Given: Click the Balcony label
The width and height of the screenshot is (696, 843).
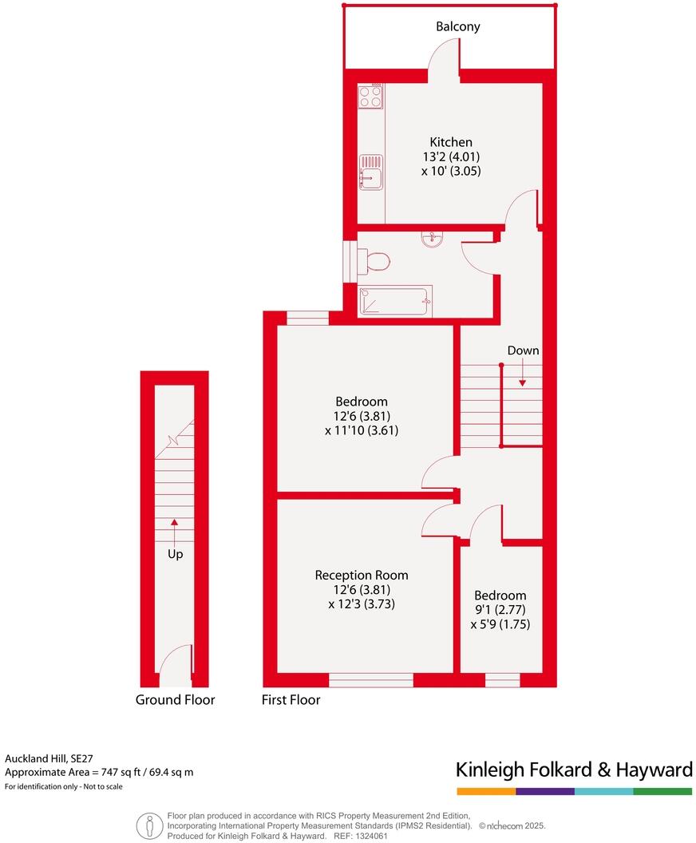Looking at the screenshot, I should pyautogui.click(x=457, y=27).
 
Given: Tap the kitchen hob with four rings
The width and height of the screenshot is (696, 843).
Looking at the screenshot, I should pyautogui.click(x=370, y=97).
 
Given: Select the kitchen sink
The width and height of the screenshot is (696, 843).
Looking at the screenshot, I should pyautogui.click(x=371, y=171).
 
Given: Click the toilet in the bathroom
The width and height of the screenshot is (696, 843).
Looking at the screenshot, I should pyautogui.click(x=374, y=260).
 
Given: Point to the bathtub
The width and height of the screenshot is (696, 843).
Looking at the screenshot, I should pyautogui.click(x=395, y=301).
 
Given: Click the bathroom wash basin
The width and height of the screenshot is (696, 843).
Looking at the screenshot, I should pyautogui.click(x=433, y=238).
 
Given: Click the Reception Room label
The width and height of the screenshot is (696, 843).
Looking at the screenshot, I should pyautogui.click(x=361, y=575).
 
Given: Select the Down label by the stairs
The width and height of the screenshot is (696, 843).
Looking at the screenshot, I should pyautogui.click(x=523, y=350).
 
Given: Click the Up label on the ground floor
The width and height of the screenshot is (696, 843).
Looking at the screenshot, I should pyautogui.click(x=175, y=553).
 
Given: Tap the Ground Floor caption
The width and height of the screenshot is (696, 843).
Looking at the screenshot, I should pyautogui.click(x=175, y=700).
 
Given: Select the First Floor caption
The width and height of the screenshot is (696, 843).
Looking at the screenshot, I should pyautogui.click(x=291, y=700).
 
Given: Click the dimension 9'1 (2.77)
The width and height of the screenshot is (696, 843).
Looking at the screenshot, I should pyautogui.click(x=500, y=610).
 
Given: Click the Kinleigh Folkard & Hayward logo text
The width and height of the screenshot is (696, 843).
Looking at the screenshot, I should pyautogui.click(x=574, y=770).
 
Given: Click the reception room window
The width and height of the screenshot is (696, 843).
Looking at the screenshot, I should pyautogui.click(x=370, y=680).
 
